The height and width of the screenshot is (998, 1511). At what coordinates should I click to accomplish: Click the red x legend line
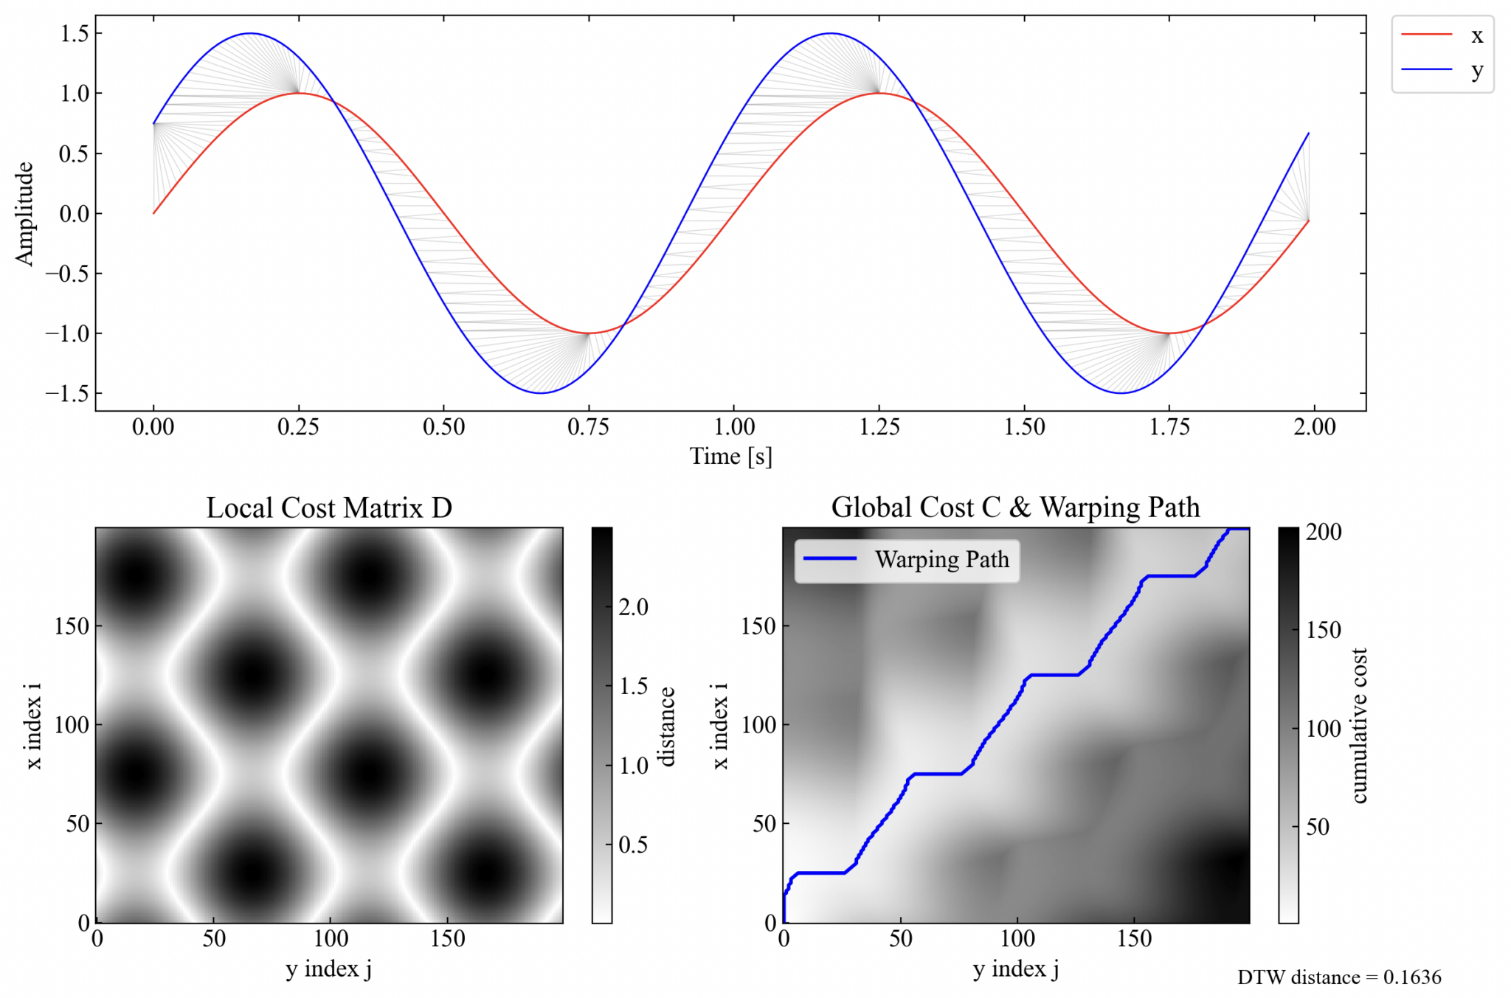coord(1426,35)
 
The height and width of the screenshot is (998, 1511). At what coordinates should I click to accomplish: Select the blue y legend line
coord(1426,69)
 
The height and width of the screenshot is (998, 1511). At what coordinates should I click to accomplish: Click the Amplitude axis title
coord(24,213)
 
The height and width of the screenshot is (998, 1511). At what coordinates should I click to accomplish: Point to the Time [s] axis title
coord(730,457)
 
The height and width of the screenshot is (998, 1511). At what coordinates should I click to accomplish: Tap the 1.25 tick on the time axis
coord(879,427)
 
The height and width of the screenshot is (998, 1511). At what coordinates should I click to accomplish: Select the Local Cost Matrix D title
coord(329,507)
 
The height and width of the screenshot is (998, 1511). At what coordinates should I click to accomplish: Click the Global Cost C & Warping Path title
coord(1015,507)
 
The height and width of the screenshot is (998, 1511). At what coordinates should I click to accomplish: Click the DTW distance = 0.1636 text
coord(1338,977)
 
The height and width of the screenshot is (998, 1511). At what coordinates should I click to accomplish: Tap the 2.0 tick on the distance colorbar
coord(633,607)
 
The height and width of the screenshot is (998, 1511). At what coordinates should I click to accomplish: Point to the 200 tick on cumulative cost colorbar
coord(1323,532)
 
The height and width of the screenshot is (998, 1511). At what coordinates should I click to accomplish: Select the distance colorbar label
coord(667,727)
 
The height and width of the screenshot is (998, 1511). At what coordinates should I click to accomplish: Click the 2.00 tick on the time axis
coord(1314,427)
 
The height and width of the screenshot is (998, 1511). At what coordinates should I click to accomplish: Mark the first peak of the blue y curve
coord(251,33)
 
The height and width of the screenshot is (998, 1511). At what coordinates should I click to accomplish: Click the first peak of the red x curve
coord(298,93)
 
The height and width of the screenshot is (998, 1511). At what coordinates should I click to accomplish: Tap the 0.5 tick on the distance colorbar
coord(633,845)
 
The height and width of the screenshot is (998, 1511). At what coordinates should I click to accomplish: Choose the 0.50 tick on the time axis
coord(443,427)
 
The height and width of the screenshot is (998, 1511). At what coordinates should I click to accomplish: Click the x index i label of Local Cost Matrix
coord(34,726)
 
